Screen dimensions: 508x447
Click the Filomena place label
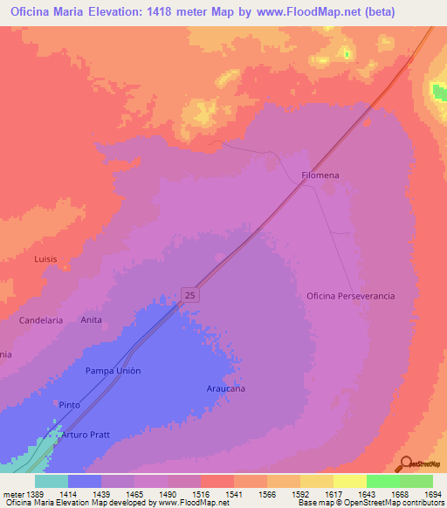pyautogui.click(x=320, y=175)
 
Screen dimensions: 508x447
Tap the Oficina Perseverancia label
pyautogui.click(x=350, y=296)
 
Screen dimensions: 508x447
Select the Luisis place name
pyautogui.click(x=45, y=259)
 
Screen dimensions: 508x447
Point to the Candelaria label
pyautogui.click(x=41, y=320)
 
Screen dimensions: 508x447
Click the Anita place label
pyautogui.click(x=92, y=320)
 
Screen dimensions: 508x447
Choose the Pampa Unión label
pyautogui.click(x=113, y=371)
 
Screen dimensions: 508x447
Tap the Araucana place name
pyautogui.click(x=226, y=388)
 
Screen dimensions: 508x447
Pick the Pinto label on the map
pyautogui.click(x=69, y=405)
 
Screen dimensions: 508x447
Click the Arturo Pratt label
pyautogui.click(x=88, y=434)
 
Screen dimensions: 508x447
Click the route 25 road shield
pyautogui.click(x=191, y=295)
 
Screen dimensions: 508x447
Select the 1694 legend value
pyautogui.click(x=431, y=495)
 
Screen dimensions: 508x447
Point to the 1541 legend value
pyautogui.click(x=232, y=495)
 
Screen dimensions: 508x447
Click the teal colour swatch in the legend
pyautogui.click(x=51, y=481)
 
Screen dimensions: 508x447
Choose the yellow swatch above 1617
pyautogui.click(x=316, y=481)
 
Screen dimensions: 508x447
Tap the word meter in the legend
pyautogui.click(x=14, y=495)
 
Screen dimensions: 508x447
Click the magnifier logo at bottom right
pyautogui.click(x=406, y=464)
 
